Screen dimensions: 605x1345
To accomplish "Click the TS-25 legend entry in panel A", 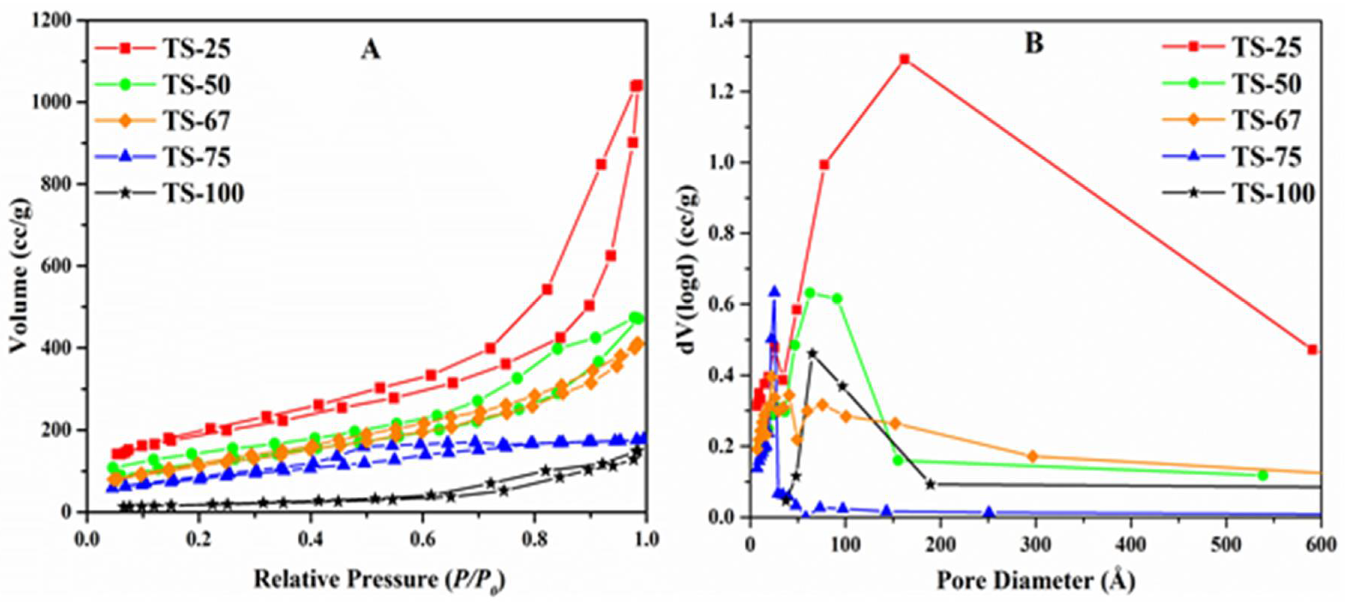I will (196, 48).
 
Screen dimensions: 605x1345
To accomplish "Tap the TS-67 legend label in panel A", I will (196, 121).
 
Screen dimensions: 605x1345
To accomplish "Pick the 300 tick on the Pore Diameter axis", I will (1035, 544).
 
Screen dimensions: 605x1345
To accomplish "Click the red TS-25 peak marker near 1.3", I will (905, 59).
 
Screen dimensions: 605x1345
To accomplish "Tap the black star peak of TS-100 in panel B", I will (813, 353).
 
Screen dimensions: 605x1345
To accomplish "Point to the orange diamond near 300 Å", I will (1032, 456).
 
